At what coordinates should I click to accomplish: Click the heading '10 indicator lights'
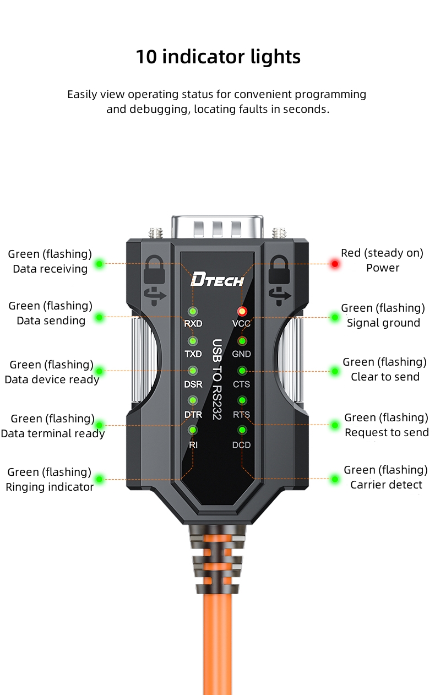tap(218, 57)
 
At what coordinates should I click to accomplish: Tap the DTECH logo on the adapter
tap(217, 280)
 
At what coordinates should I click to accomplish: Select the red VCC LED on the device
tap(241, 312)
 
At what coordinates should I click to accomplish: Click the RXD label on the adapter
tap(193, 323)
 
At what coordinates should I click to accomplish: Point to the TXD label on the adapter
tap(193, 354)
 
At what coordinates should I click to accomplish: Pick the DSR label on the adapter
tap(193, 384)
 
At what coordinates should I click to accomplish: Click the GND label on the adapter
tap(241, 354)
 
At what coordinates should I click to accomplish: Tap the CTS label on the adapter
tap(241, 384)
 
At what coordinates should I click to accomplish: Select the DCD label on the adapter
tap(241, 445)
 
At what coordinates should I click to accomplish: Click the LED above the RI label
tap(193, 430)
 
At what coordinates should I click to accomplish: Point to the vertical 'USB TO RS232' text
tap(217, 380)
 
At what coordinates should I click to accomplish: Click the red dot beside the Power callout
tap(334, 264)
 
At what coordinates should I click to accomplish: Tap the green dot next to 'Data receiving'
tap(99, 264)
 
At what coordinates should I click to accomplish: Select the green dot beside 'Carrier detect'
tap(334, 479)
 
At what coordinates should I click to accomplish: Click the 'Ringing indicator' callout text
tap(50, 487)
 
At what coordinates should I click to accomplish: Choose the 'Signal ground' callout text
tap(383, 323)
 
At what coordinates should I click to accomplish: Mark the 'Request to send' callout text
tap(387, 432)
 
